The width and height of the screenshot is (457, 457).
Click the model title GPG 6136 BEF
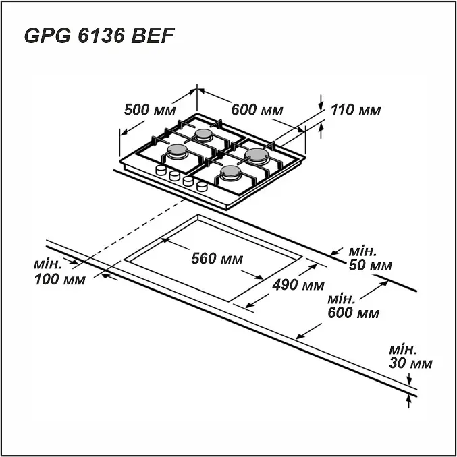(99, 36)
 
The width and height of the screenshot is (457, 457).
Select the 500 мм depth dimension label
(150, 110)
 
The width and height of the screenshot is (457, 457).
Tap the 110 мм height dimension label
(356, 110)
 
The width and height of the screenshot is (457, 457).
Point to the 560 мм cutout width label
(217, 258)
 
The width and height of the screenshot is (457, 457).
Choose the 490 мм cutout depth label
(298, 284)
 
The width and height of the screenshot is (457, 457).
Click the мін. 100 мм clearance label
(60, 272)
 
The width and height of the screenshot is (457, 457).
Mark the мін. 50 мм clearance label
(371, 258)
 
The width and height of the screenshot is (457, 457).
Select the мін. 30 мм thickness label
(410, 357)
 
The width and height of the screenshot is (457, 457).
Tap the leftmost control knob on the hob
(161, 170)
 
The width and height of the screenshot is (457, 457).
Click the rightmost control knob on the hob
(202, 187)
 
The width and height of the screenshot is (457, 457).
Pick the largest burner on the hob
(257, 155)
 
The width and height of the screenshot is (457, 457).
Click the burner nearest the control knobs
(231, 173)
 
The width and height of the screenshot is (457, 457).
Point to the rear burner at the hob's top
(203, 135)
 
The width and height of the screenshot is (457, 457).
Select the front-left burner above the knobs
(177, 151)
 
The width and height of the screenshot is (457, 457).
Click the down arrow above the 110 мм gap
(321, 102)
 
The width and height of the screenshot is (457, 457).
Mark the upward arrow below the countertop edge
(409, 402)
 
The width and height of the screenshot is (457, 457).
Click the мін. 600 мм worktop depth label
(354, 306)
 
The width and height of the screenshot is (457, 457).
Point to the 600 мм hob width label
(257, 110)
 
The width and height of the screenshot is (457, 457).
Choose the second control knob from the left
(175, 175)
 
